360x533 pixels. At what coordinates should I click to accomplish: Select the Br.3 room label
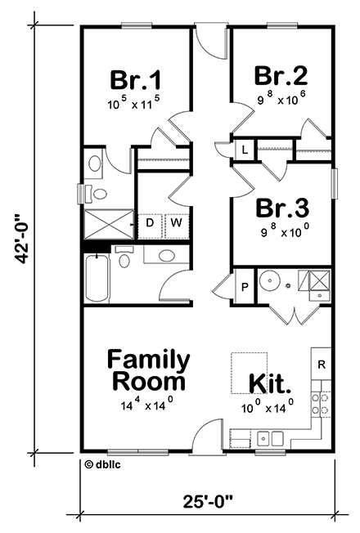click(281, 205)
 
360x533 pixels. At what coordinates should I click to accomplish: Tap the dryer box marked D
click(151, 222)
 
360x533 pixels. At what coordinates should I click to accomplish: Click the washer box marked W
click(175, 222)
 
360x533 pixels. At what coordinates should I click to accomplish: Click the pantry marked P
click(242, 289)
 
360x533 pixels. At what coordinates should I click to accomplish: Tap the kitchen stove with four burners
click(321, 402)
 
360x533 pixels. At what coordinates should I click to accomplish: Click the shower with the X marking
click(108, 222)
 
